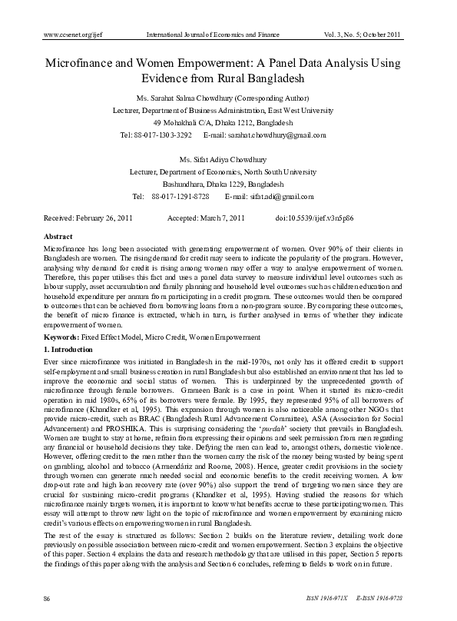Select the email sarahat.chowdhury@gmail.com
tap(283, 134)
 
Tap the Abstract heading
tap(58, 237)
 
